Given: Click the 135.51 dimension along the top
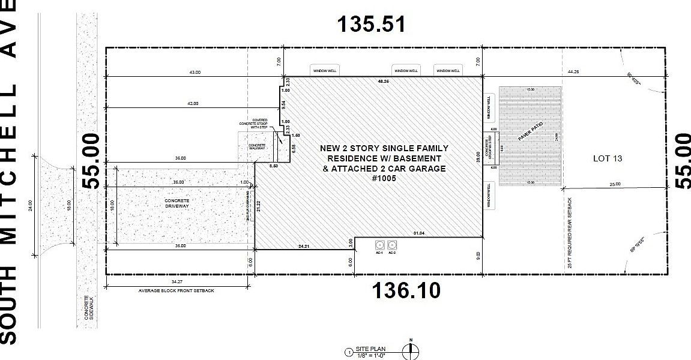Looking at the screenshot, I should pos(371,25).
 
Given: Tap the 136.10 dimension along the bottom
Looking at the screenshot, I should pos(406,291).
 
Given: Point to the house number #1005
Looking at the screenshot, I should pos(384,178).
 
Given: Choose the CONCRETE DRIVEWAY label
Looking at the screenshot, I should pos(177,203).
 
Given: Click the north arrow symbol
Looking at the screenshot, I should pos(412,352).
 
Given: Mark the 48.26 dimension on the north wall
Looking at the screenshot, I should pos(383,80).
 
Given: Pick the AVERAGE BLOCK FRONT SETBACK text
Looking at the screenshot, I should pos(176,290).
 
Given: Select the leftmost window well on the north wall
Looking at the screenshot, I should pos(325,70).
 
